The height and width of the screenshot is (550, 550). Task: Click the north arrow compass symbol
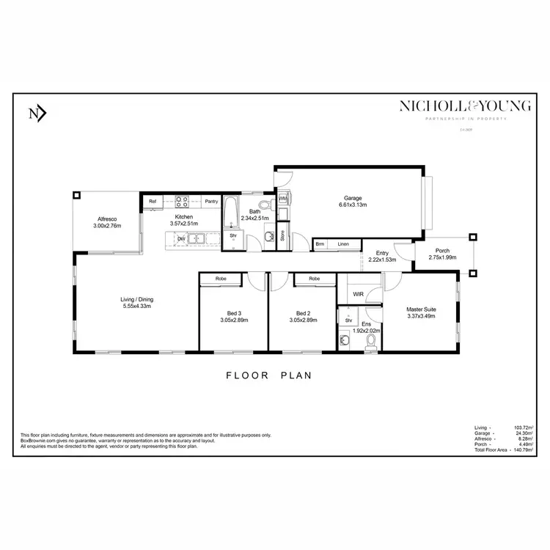click(x=37, y=113)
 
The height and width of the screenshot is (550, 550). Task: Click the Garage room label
click(x=355, y=197)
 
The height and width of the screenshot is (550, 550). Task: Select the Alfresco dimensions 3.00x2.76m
click(x=107, y=227)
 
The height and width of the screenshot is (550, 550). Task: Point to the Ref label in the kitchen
click(x=153, y=201)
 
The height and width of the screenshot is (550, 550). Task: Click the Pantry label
click(x=211, y=201)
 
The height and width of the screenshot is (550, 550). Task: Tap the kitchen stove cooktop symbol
click(x=181, y=201)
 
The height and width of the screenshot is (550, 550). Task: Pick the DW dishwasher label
click(x=180, y=238)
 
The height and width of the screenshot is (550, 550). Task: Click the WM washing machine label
click(x=282, y=199)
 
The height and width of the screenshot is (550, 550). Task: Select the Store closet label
click(x=282, y=236)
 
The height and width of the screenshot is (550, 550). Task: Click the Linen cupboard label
click(x=343, y=244)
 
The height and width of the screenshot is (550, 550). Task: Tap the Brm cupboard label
click(x=320, y=244)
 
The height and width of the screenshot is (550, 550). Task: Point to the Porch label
click(x=442, y=251)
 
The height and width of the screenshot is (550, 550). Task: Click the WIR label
click(x=358, y=294)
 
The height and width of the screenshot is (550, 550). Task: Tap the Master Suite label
click(x=421, y=309)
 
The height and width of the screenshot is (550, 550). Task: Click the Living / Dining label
click(x=136, y=299)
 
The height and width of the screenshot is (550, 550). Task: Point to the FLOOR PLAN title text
click(x=268, y=375)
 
